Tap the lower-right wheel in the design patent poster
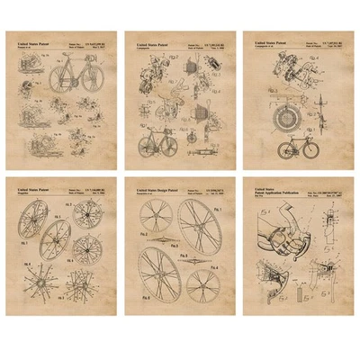coord(203,286)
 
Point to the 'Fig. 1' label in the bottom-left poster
coord(28,242)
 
